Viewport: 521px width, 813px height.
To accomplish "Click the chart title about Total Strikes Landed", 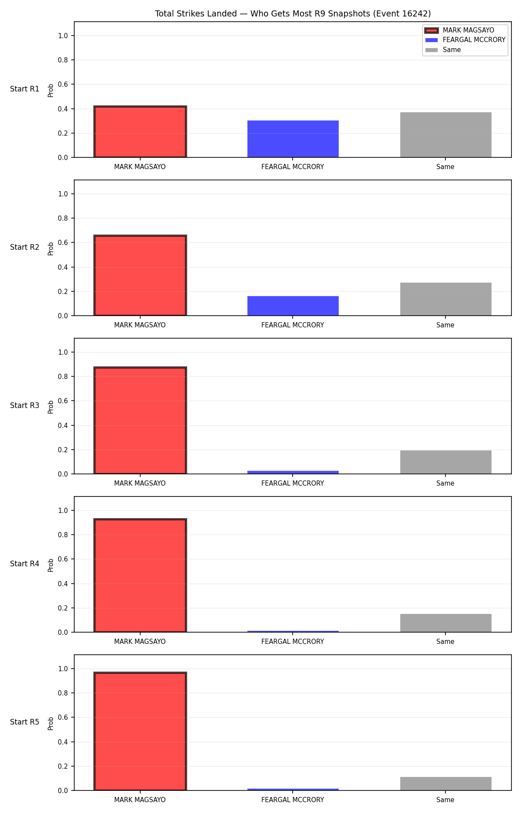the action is point(293,14).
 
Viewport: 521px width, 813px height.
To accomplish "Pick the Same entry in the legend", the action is point(443,50).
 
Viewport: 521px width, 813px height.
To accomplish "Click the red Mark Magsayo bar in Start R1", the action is point(140,132).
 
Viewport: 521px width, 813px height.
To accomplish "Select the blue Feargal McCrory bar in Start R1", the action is point(293,139).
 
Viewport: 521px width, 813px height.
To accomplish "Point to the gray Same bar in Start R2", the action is point(446,299).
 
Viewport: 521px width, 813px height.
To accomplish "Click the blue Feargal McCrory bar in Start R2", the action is point(293,306).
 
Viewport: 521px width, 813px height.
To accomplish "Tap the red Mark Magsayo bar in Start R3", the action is point(140,421).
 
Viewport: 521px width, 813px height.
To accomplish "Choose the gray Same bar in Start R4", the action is point(446,623).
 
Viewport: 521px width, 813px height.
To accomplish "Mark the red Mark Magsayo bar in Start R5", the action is point(140,731).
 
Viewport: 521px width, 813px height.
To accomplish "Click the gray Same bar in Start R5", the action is point(446,784).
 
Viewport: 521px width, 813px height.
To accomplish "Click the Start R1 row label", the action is point(25,89).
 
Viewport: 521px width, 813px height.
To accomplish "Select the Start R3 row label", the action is point(25,405).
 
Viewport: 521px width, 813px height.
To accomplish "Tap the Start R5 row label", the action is point(25,722).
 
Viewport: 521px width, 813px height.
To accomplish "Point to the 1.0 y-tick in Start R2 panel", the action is point(63,194).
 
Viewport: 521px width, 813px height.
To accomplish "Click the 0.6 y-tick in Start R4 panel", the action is point(63,559).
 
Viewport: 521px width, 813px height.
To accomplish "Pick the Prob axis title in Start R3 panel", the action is point(51,407).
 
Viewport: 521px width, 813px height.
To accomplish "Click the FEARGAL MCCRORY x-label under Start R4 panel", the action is point(293,642).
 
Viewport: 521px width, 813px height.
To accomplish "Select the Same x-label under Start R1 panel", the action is point(445,167).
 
